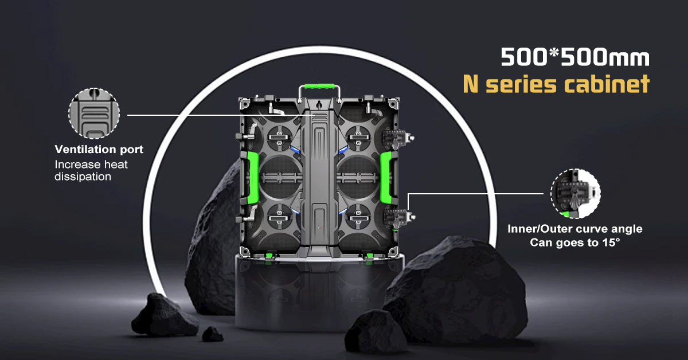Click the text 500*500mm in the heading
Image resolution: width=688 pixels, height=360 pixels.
click(575, 57)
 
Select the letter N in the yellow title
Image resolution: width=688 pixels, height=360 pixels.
click(471, 84)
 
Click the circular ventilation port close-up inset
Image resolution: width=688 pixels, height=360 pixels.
click(94, 113)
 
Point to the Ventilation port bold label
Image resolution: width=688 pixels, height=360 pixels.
click(99, 149)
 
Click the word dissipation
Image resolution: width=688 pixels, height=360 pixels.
click(83, 177)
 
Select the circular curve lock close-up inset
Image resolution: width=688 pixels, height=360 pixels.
click(575, 194)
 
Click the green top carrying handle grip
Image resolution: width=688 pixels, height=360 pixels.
click(319, 87)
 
